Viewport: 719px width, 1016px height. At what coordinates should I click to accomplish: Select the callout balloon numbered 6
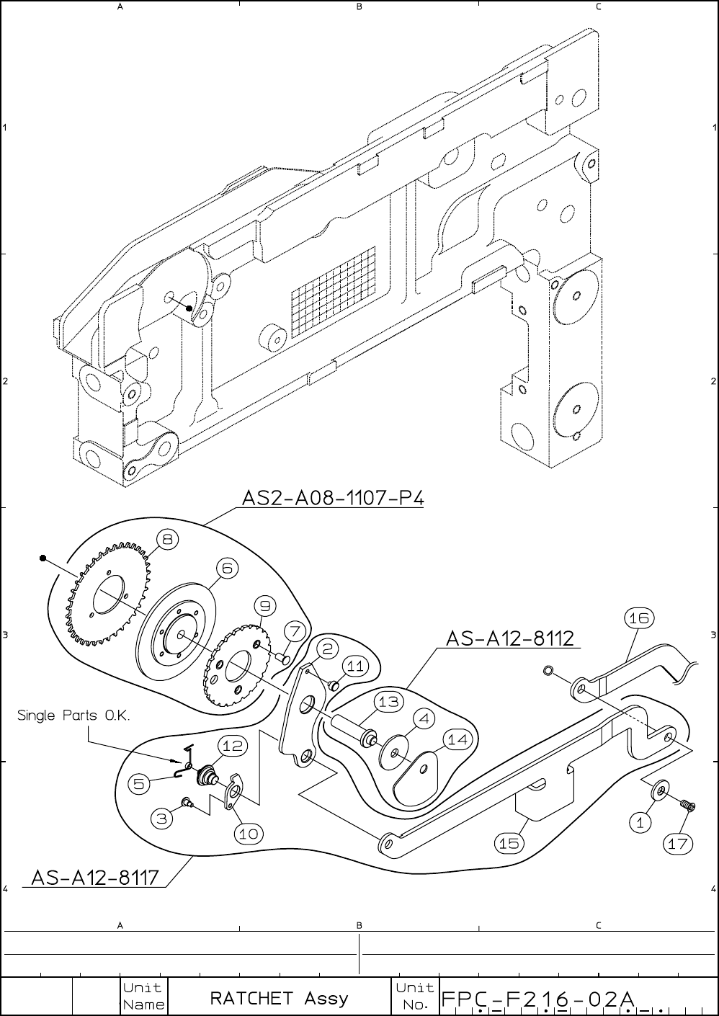[227, 569]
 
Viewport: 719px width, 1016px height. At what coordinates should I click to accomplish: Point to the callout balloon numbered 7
[294, 631]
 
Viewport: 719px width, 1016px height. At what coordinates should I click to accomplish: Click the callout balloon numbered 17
[677, 844]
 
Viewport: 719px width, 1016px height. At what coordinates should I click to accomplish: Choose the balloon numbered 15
[509, 842]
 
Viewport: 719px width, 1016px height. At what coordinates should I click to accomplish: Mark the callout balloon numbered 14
[457, 739]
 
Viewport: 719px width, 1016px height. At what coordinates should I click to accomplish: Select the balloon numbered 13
[388, 702]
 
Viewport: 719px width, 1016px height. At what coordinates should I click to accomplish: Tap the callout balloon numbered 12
[232, 747]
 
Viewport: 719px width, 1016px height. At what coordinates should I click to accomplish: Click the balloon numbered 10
[249, 834]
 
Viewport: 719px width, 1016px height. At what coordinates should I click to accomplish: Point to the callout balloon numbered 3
[162, 818]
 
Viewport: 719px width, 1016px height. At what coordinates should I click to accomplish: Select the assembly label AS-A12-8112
[509, 638]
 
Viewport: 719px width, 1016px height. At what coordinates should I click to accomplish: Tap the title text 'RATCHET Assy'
[279, 998]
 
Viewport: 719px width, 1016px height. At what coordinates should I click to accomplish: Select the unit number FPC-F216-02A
[537, 999]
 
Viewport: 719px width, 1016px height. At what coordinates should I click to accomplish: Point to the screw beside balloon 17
[687, 805]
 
